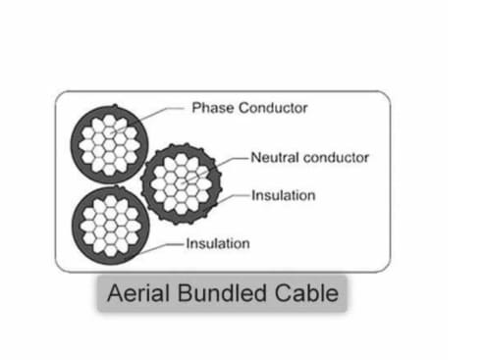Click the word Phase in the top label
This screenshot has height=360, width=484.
pos(212,108)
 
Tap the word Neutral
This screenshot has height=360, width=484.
pos(275,156)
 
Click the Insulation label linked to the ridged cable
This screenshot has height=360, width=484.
pos(284,195)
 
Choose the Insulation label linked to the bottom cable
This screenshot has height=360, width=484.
pos(218,242)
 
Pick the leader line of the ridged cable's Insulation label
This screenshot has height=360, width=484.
pos(236,196)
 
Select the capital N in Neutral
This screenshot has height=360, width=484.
pos(256,156)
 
